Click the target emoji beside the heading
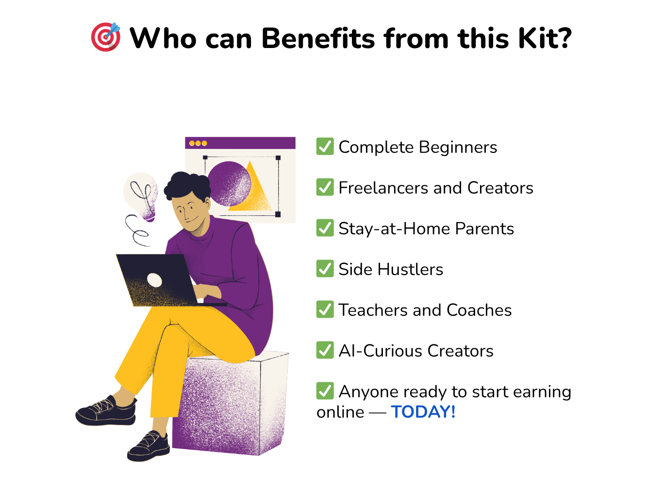106,37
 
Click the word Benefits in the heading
318,38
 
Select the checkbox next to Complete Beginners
325,146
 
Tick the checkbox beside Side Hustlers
325,269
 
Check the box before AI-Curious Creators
325,350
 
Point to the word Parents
484,228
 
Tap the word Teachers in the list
373,310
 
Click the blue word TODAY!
423,412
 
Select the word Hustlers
410,269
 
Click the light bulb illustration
141,196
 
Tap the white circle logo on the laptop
154,280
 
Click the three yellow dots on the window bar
198,144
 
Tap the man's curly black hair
187,185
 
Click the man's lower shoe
149,447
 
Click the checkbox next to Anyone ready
325,391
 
